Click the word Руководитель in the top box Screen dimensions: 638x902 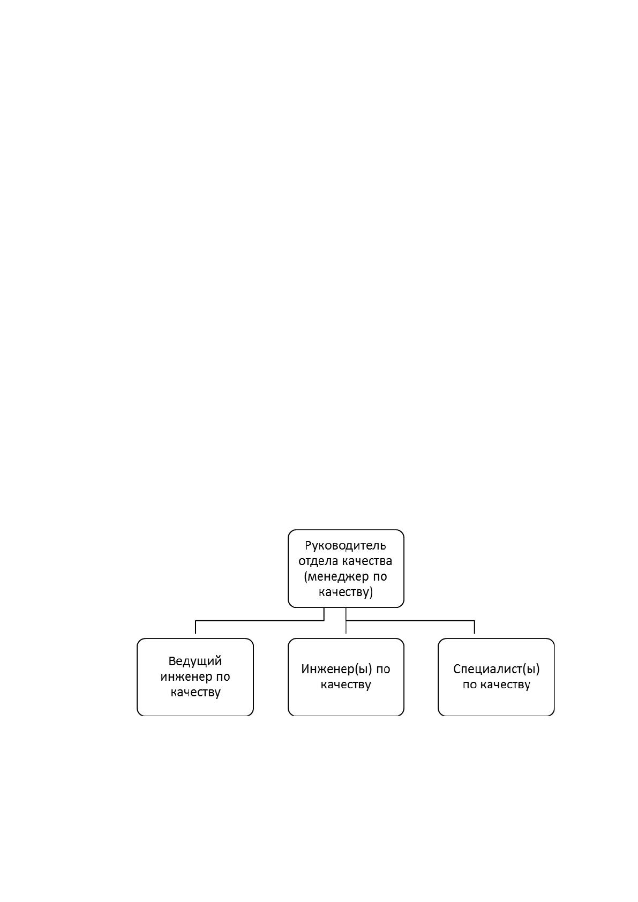click(x=346, y=546)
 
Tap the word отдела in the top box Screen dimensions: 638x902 click(x=319, y=561)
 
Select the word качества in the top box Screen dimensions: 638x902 click(x=367, y=561)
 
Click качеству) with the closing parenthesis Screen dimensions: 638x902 click(x=346, y=592)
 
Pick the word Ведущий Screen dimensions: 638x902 click(x=196, y=662)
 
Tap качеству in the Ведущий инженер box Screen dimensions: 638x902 click(x=196, y=693)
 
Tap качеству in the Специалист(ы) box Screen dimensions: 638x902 click(x=506, y=685)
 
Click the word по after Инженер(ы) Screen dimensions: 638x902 click(x=383, y=670)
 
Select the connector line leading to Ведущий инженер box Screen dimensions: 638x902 click(x=260, y=621)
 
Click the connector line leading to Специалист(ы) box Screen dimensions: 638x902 click(x=410, y=621)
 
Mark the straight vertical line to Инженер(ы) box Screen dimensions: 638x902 click(x=346, y=621)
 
